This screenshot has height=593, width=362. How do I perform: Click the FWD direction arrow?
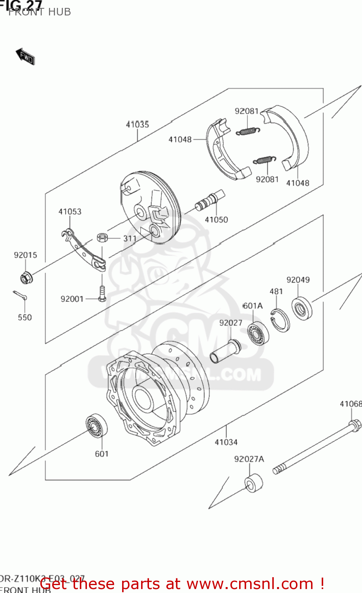pyautogui.click(x=26, y=57)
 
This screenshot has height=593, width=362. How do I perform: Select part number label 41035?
pyautogui.click(x=137, y=125)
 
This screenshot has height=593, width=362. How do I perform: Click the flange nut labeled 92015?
pyautogui.click(x=26, y=279)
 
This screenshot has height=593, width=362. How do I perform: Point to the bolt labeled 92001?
pyautogui.click(x=102, y=294)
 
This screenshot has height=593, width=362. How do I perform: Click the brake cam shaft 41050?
pyautogui.click(x=210, y=201)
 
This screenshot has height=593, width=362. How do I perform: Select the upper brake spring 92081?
pyautogui.click(x=248, y=131)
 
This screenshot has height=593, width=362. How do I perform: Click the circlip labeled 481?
pyautogui.click(x=280, y=320)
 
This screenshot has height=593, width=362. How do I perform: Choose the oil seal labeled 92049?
pyautogui.click(x=302, y=308)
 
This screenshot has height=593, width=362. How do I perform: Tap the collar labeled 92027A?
pyautogui.click(x=253, y=483)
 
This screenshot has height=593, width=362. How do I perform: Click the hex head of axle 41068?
pyautogui.click(x=354, y=425)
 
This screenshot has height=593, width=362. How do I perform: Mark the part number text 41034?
pyautogui.click(x=226, y=442)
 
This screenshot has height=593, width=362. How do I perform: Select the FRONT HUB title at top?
pyautogui.click(x=40, y=12)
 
